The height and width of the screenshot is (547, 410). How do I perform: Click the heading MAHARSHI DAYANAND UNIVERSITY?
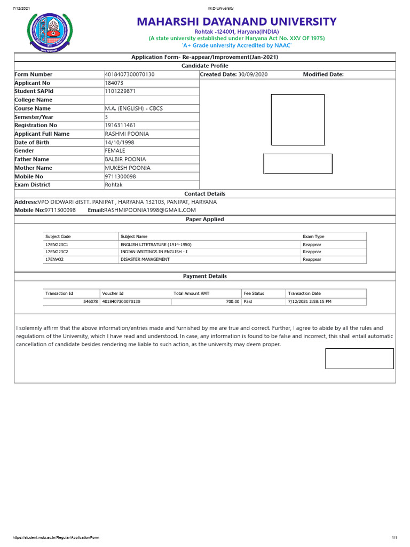click(x=236, y=22)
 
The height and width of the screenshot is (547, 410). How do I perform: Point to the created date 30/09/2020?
click(x=253, y=74)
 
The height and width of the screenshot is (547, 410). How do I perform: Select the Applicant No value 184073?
click(x=114, y=83)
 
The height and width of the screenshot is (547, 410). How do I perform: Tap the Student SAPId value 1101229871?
click(x=121, y=91)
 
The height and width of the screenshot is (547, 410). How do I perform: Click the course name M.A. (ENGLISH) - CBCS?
click(x=134, y=108)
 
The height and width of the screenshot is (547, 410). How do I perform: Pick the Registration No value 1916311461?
click(x=121, y=125)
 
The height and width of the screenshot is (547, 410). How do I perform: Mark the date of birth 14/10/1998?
click(x=120, y=142)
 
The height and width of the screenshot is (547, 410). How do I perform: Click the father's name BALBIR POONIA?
click(x=125, y=159)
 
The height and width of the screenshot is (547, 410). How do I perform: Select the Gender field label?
click(x=25, y=151)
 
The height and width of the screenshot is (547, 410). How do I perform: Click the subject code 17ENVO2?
click(x=54, y=260)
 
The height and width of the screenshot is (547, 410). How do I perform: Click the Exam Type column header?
click(x=313, y=236)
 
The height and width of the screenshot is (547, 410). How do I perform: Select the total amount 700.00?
click(x=232, y=302)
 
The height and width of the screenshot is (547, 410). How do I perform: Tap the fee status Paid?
click(x=248, y=302)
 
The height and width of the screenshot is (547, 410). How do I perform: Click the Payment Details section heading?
click(x=204, y=276)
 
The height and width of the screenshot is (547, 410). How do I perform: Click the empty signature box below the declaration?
click(x=359, y=358)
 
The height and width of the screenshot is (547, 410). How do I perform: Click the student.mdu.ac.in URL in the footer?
click(x=56, y=537)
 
